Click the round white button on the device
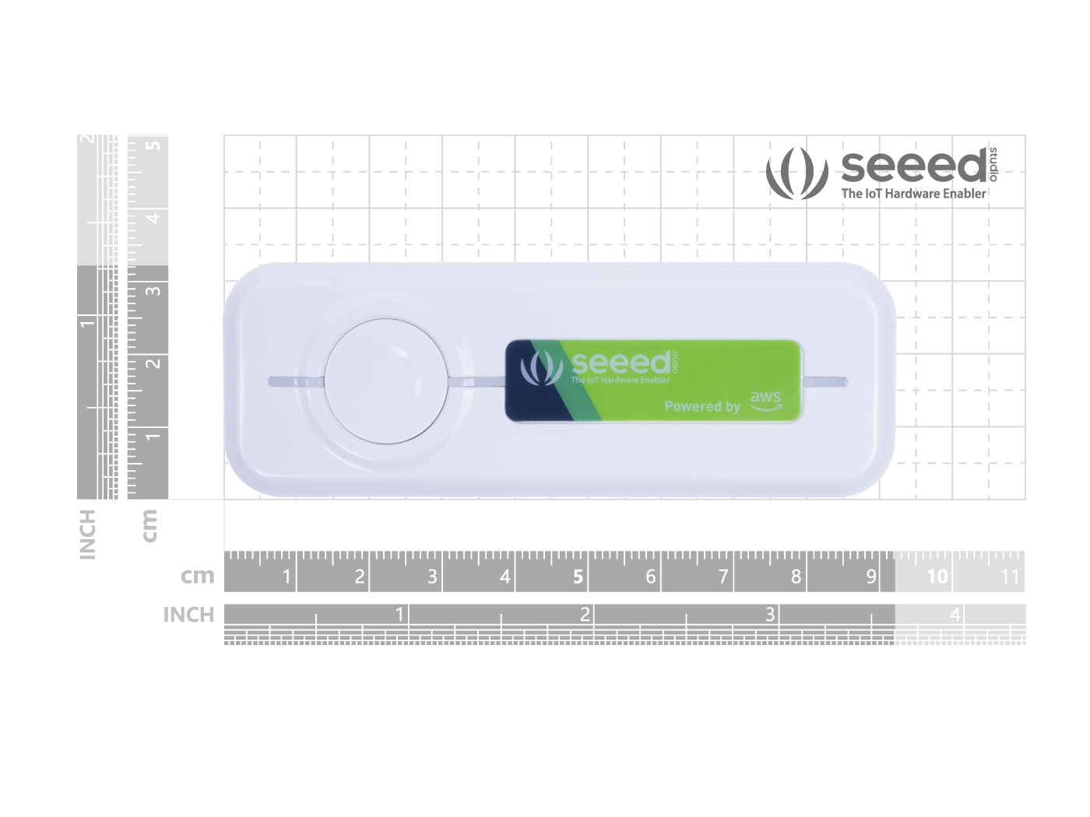pos(386,381)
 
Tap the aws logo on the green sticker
pos(765,401)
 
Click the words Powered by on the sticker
pos(702,407)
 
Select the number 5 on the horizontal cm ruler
pos(578,577)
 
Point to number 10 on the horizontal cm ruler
pos(937,577)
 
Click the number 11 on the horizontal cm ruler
pos(1010,577)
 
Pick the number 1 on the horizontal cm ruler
pos(287,577)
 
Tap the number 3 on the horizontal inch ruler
pos(770,615)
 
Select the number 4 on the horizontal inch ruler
pos(955,615)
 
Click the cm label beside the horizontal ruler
pos(197,576)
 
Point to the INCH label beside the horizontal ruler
pos(188,615)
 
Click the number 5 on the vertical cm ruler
pos(155,146)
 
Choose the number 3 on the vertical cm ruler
pos(155,290)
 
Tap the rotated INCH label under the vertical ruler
pos(87,535)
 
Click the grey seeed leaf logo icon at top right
pos(796,173)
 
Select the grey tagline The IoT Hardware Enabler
pos(913,194)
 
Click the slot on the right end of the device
pos(825,381)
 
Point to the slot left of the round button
pos(296,381)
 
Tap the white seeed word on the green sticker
pos(621,363)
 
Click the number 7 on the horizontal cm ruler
pos(723,577)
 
